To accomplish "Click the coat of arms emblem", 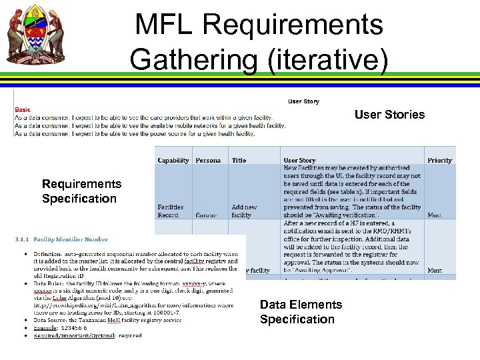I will tap(36, 35).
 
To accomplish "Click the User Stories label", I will tap(389, 115).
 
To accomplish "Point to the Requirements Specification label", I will tap(81, 191).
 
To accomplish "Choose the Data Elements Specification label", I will tap(301, 312).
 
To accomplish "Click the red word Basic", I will tap(23, 109).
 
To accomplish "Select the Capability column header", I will tap(173, 160).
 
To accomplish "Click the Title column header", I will tap(239, 160).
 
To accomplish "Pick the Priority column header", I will tap(439, 160).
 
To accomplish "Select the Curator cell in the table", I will tap(206, 215).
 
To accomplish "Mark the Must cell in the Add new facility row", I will tap(435, 215).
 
